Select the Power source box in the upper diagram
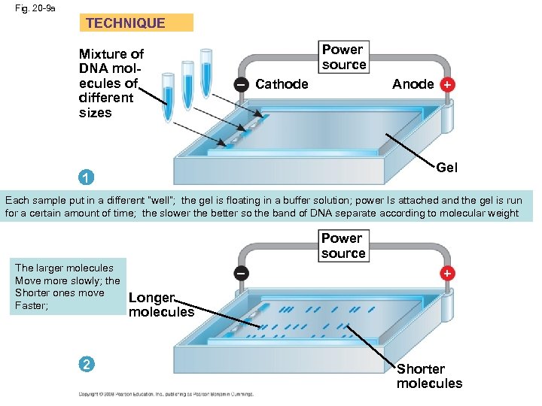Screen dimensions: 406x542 point(344,57)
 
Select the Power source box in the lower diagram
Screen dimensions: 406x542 point(343,246)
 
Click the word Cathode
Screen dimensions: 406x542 point(282,84)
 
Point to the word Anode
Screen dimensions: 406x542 point(413,84)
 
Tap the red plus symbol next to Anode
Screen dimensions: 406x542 point(447,85)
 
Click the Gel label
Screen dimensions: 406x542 point(446,167)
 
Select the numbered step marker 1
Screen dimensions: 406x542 point(87,178)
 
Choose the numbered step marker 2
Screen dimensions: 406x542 point(87,365)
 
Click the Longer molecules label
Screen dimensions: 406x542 point(161,304)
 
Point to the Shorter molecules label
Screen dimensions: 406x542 point(429,376)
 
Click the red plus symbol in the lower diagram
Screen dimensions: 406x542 point(447,273)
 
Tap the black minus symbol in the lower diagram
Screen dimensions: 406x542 point(239,273)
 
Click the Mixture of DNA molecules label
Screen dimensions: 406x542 point(111,83)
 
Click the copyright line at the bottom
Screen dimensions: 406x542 point(166,394)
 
